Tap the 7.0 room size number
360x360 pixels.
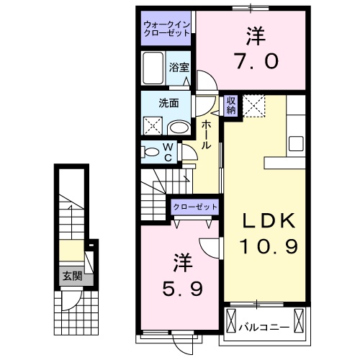(x=253, y=61)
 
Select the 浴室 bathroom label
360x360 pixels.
(x=179, y=68)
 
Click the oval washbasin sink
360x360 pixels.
(x=179, y=128)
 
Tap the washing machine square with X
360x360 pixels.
(x=153, y=126)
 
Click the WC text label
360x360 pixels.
(x=167, y=152)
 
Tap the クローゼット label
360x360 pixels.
(x=194, y=207)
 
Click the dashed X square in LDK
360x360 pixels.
(x=253, y=106)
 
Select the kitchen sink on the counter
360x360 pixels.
(x=297, y=142)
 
